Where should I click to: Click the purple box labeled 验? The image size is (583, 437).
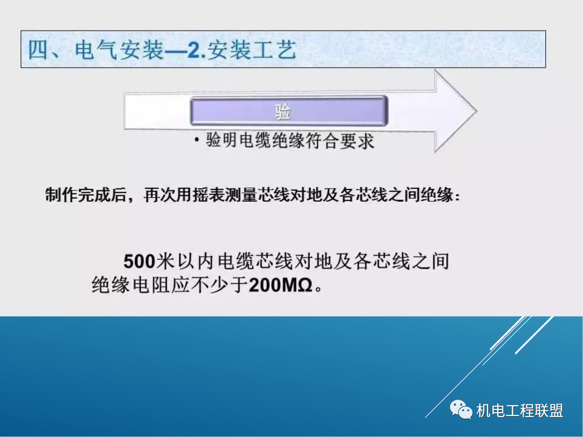[288, 111]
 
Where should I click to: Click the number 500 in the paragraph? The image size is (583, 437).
[139, 262]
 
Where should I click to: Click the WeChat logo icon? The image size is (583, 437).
[461, 411]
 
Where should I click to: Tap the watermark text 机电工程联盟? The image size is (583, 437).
[520, 411]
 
